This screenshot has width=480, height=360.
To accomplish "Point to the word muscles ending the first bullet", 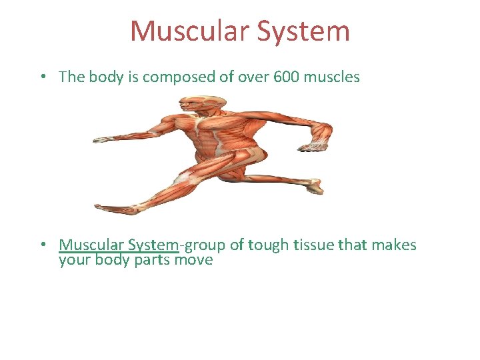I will pyautogui.click(x=331, y=77).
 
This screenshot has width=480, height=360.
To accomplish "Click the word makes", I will pyautogui.click(x=393, y=245).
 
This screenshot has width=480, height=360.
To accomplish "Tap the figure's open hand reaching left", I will pyautogui.click(x=103, y=140).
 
